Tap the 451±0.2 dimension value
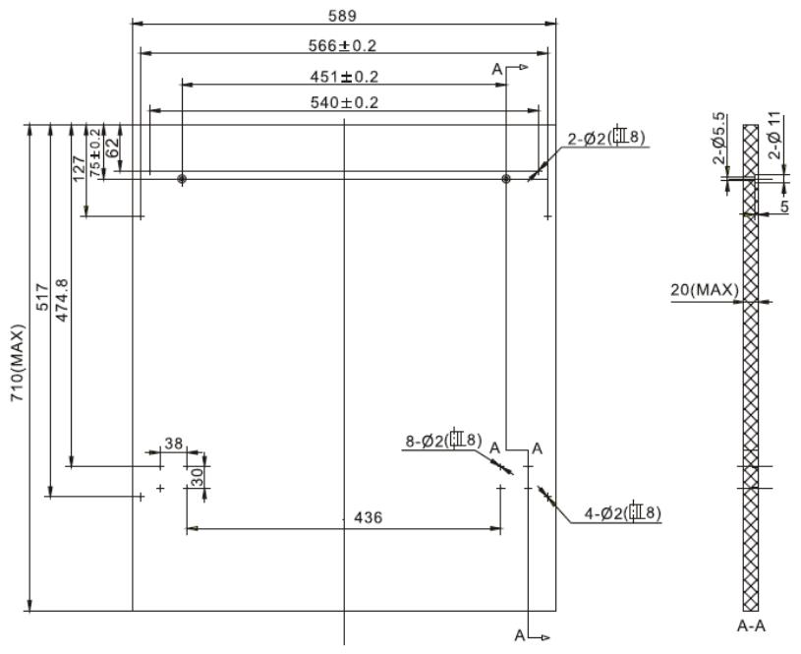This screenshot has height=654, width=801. click(x=344, y=77)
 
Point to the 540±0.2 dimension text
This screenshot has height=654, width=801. click(x=344, y=102)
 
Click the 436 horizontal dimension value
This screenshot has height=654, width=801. click(x=356, y=518)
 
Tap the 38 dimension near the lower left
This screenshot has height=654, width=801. click(x=173, y=444)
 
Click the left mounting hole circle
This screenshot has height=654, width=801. click(x=182, y=179)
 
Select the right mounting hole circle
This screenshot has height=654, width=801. click(x=506, y=179)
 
